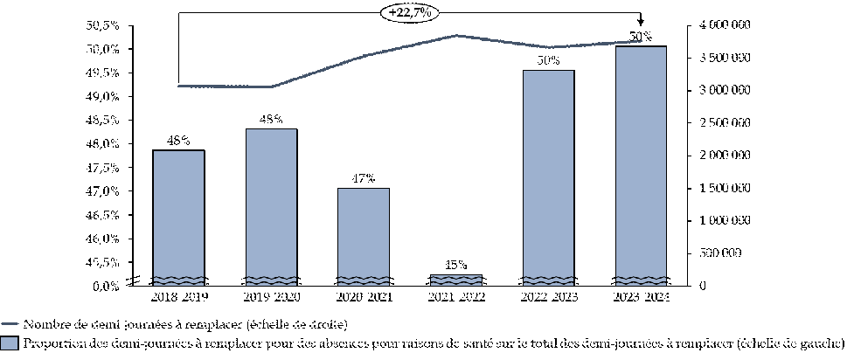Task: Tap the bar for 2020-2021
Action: [x=364, y=236]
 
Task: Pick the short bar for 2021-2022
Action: [x=455, y=279]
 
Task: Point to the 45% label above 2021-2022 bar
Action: [x=455, y=264]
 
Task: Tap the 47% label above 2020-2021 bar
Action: [x=364, y=178]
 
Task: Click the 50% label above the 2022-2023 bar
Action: [x=548, y=60]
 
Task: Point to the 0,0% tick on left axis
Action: [x=106, y=286]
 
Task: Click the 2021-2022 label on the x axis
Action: [x=455, y=299]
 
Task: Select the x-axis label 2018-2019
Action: [x=179, y=299]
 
